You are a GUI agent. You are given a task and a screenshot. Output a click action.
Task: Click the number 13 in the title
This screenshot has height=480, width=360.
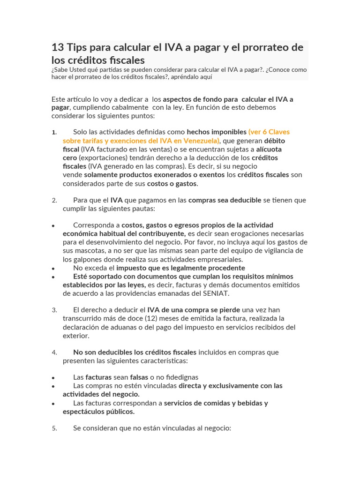click(x=58, y=47)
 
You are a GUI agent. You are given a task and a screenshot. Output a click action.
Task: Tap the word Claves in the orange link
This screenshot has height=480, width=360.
click(x=279, y=132)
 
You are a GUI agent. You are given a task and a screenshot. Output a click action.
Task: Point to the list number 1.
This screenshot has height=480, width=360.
click(x=54, y=133)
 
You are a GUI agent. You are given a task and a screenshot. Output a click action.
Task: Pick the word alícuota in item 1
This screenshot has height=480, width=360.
click(x=269, y=149)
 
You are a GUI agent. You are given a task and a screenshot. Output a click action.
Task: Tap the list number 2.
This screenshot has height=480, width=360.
click(x=54, y=200)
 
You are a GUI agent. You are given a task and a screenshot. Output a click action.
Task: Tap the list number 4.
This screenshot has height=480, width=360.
click(x=54, y=352)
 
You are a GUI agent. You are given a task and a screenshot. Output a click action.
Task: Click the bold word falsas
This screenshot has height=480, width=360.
click(x=139, y=377)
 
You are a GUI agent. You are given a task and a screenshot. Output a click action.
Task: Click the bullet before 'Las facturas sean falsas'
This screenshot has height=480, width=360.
click(x=54, y=378)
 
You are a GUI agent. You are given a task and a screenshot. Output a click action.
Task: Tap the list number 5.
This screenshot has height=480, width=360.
click(x=54, y=428)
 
